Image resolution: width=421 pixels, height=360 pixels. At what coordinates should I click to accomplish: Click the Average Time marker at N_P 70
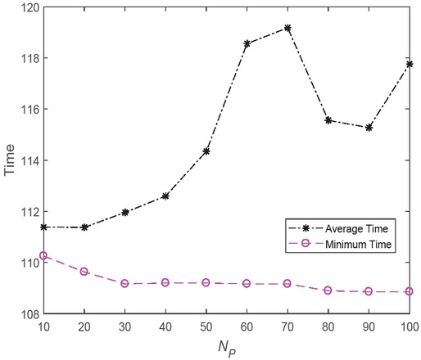287,28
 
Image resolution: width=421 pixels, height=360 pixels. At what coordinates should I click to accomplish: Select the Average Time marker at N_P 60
247,43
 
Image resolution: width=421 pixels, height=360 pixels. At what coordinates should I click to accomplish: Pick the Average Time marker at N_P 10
43,227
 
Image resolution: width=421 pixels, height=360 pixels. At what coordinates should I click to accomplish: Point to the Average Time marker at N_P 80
328,120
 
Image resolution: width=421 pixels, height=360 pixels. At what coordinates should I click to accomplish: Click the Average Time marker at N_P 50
206,151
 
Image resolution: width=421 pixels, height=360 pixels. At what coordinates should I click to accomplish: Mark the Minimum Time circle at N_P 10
43,255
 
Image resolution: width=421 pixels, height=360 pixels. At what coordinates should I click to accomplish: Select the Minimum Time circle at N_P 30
125,283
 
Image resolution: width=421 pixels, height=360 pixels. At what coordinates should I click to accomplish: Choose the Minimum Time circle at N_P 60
247,283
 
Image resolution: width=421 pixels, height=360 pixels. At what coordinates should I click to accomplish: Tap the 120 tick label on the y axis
28,7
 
